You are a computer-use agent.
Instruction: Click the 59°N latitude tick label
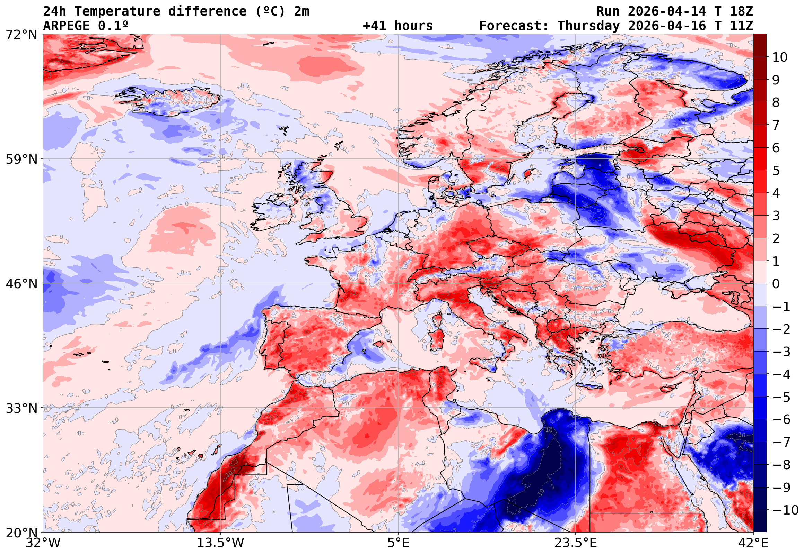click(x=21, y=159)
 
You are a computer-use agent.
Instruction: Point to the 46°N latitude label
click(x=21, y=284)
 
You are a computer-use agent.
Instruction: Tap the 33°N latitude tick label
click(x=21, y=408)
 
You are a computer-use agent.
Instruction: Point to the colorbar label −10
click(x=785, y=510)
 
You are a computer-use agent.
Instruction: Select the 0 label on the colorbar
click(x=776, y=284)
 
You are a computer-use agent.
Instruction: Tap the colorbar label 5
click(x=776, y=171)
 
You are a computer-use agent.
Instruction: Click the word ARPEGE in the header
click(x=67, y=26)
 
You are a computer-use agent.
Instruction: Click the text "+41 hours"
click(x=397, y=26)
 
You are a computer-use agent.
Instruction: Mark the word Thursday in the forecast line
click(x=588, y=26)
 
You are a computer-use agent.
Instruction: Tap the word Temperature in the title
click(x=117, y=11)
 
